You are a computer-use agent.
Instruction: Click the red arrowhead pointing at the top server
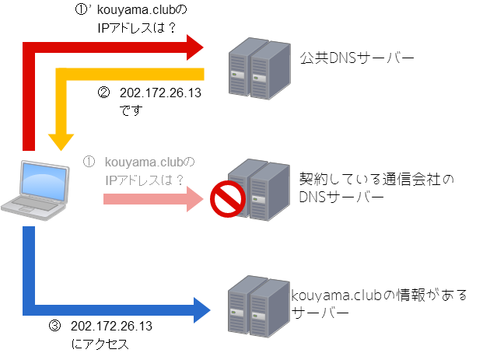coord(195,47)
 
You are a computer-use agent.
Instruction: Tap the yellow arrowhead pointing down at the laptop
coord(61,142)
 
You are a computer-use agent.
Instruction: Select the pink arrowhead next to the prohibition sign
coord(194,199)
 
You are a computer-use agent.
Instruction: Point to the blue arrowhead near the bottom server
coord(201,309)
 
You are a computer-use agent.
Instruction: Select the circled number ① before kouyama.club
coord(89,163)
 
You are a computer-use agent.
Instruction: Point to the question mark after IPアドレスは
coord(179,180)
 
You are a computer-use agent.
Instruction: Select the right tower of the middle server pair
coord(269,190)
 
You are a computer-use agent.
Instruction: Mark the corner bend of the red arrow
coord(30,48)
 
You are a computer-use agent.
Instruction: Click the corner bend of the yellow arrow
coord(61,75)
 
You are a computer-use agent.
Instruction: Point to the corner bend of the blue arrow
coord(30,309)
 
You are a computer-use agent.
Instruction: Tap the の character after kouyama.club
coord(191,163)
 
